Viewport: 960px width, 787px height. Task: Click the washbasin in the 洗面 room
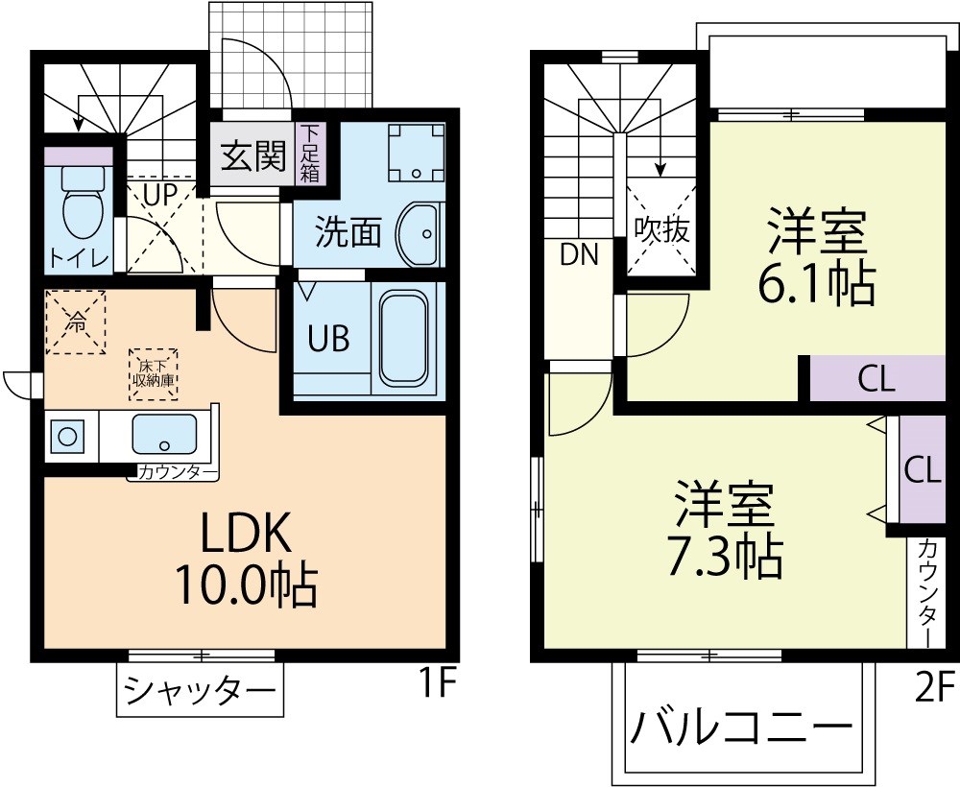419,233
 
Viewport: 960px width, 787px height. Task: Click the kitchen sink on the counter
164,435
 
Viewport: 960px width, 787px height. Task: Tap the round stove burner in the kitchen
68,436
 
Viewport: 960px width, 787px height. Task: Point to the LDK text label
245,531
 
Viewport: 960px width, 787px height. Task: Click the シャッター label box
201,690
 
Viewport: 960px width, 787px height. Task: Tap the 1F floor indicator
436,685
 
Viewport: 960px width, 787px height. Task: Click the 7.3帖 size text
725,555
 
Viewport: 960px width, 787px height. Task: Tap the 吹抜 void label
662,229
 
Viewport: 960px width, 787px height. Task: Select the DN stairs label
579,254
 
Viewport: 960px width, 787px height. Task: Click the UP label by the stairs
158,195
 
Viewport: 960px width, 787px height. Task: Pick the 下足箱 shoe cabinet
311,154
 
